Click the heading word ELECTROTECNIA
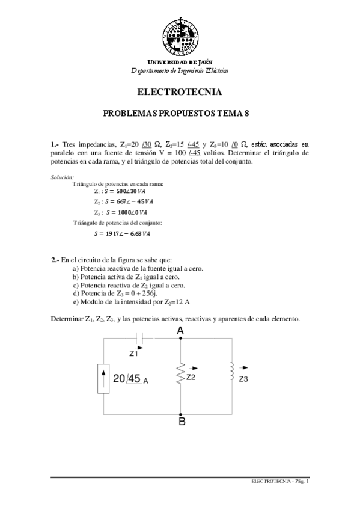point(180,93)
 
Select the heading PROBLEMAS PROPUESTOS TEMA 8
point(180,113)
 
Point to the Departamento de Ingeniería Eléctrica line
point(180,70)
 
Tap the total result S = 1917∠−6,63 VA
point(121,233)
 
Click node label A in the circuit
point(180,330)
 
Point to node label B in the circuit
point(182,422)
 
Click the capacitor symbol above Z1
point(139,339)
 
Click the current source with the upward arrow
point(103,378)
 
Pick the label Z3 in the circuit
point(243,379)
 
